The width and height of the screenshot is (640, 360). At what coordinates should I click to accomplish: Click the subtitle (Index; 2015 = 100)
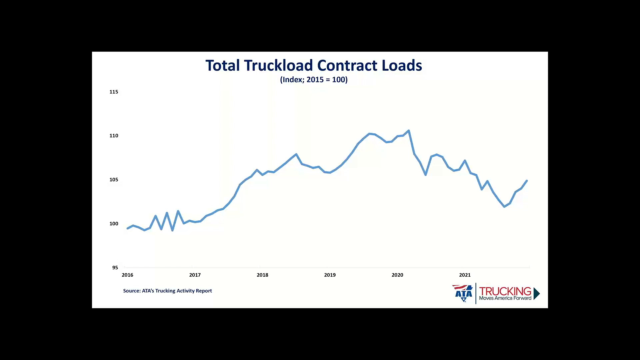[x=314, y=80]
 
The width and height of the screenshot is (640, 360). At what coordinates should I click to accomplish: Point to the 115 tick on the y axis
[x=114, y=92]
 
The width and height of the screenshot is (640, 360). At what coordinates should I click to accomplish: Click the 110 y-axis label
[x=114, y=136]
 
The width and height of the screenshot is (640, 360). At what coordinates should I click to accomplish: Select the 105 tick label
[x=114, y=180]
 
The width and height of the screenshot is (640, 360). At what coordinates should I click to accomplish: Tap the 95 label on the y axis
[x=115, y=268]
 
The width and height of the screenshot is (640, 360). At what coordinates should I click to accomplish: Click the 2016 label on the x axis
[x=127, y=275]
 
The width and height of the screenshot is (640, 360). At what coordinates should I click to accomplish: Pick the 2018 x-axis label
[x=262, y=275]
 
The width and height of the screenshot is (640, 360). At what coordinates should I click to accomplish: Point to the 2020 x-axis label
[x=397, y=275]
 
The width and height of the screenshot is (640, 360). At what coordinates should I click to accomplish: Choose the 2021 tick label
[x=465, y=275]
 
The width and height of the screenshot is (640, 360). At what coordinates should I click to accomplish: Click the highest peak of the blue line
[x=409, y=131]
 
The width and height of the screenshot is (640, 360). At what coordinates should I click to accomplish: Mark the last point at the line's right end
[x=527, y=181]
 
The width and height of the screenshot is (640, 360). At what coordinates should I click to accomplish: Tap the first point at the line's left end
[x=128, y=228]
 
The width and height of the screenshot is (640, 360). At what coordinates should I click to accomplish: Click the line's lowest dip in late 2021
[x=504, y=207]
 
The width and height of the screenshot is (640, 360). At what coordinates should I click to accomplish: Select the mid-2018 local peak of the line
[x=296, y=154]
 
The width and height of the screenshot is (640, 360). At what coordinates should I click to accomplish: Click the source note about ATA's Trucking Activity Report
[x=167, y=291]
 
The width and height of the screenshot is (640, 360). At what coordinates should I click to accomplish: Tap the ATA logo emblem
[x=463, y=293]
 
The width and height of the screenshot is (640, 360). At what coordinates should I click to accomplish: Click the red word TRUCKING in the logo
[x=505, y=291]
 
